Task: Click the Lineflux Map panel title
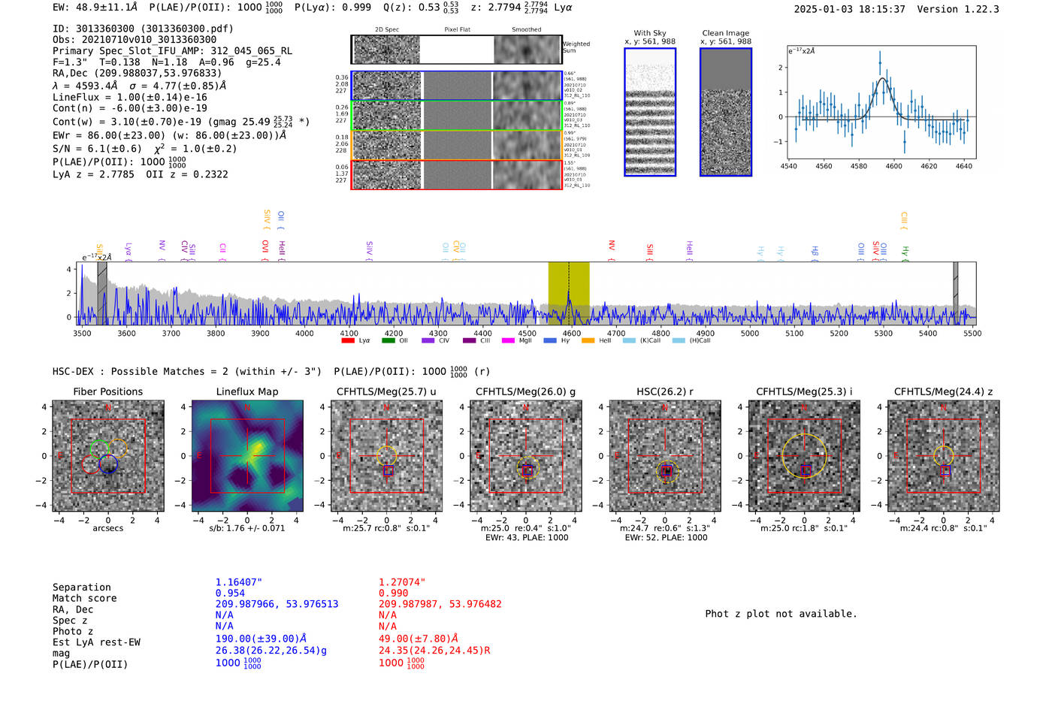[246, 391]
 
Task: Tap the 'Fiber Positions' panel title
[107, 391]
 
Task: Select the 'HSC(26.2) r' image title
[664, 391]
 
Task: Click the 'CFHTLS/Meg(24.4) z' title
[943, 391]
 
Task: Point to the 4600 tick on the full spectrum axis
[572, 334]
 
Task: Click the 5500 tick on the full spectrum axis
[972, 334]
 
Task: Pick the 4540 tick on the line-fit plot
[789, 166]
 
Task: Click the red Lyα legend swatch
[348, 340]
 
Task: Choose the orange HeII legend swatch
[588, 340]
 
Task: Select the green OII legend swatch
[388, 340]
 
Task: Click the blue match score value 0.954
[230, 593]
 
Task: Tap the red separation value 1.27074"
[402, 582]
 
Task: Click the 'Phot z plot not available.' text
[781, 614]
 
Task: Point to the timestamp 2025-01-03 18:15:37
[849, 9]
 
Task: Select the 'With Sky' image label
[650, 33]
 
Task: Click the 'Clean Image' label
[725, 33]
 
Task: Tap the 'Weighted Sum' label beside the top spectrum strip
[576, 47]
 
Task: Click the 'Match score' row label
[84, 598]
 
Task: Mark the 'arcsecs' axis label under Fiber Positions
[107, 528]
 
